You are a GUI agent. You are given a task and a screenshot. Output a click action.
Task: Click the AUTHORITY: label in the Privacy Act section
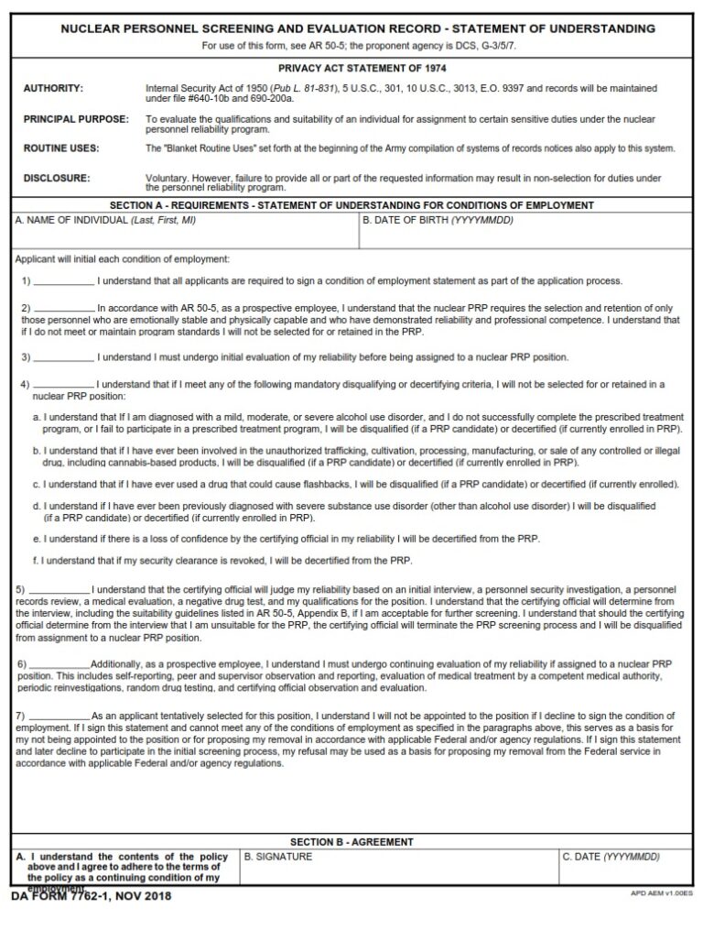53,89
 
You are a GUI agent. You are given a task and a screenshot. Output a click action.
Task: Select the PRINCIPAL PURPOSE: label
76,119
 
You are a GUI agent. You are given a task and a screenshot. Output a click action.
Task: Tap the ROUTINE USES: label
61,148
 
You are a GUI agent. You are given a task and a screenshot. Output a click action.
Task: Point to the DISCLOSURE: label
57,179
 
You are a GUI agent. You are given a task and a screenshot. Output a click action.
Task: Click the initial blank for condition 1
63,281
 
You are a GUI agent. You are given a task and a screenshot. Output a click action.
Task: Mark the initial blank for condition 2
63,309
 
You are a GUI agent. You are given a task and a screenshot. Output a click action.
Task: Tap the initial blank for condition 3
63,357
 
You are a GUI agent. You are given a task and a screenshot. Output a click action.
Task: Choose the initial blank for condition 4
63,385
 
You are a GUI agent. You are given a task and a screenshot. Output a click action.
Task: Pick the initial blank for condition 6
59,663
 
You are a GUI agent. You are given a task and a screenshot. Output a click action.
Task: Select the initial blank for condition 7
59,716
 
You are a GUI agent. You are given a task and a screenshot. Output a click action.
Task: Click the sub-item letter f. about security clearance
36,561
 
